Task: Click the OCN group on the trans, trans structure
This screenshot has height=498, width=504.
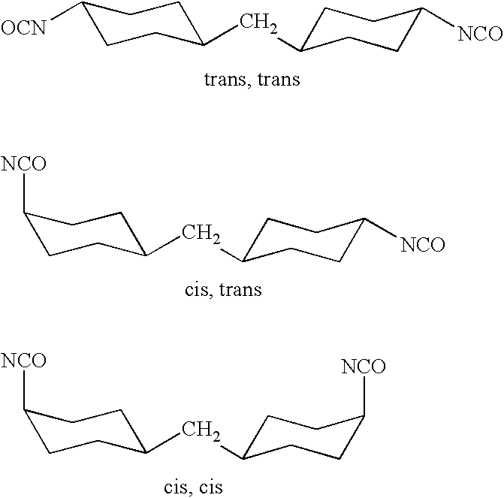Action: pyautogui.click(x=23, y=28)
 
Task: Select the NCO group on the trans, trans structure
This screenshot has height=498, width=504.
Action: pyautogui.click(x=480, y=34)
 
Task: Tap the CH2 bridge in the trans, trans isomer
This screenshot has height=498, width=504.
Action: pyautogui.click(x=258, y=24)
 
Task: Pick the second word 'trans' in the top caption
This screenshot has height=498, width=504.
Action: pyautogui.click(x=279, y=79)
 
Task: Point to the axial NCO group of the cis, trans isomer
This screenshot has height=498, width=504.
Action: pyautogui.click(x=23, y=164)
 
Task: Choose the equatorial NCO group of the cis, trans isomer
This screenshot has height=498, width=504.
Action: pyautogui.click(x=422, y=244)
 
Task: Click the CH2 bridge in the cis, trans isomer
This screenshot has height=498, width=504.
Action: pyautogui.click(x=201, y=234)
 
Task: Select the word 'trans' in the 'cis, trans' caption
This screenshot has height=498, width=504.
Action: pyautogui.click(x=240, y=289)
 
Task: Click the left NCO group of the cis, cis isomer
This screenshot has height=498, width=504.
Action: pyautogui.click(x=23, y=360)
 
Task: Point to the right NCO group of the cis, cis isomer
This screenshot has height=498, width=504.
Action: pyautogui.click(x=364, y=367)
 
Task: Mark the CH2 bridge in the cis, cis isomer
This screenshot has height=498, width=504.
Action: pyautogui.click(x=201, y=430)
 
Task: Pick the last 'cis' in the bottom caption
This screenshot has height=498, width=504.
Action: pyautogui.click(x=211, y=487)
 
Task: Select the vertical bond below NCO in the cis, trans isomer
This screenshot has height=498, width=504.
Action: pyautogui.click(x=24, y=193)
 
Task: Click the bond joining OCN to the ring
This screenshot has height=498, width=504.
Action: pyautogui.click(x=67, y=11)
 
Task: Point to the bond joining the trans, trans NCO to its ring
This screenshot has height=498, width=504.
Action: pyautogui.click(x=438, y=17)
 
